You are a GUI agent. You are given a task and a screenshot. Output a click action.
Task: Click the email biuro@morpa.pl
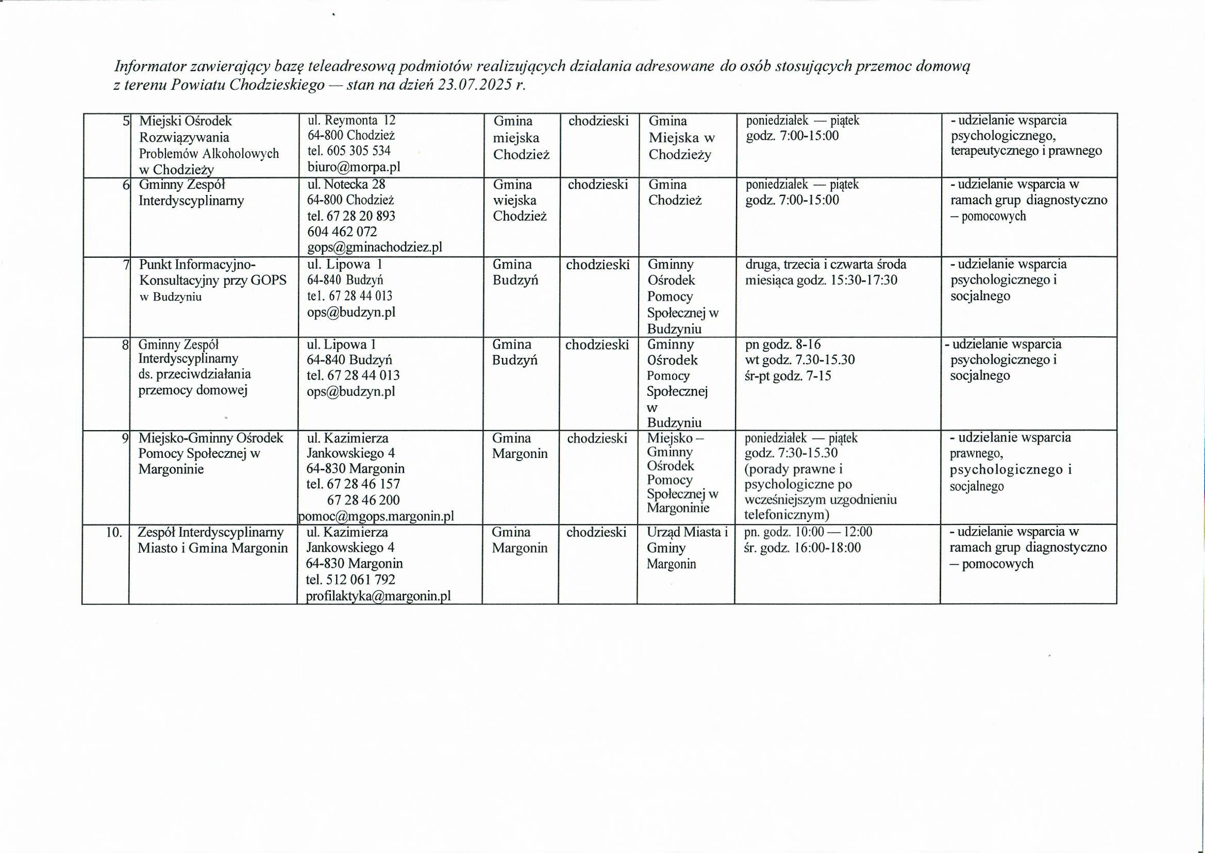click(x=354, y=167)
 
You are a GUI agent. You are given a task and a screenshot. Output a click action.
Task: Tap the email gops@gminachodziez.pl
click(x=375, y=247)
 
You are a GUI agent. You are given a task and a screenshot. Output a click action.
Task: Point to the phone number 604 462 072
click(x=342, y=232)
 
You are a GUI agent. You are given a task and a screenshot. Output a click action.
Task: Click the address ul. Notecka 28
click(x=346, y=184)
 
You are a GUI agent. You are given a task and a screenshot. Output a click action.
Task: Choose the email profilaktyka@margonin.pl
click(x=378, y=596)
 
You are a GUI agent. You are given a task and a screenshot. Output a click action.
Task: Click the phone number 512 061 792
click(x=361, y=580)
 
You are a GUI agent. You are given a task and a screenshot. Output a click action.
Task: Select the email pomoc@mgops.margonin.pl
click(x=376, y=516)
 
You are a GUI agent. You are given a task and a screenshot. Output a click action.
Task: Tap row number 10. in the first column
click(x=114, y=533)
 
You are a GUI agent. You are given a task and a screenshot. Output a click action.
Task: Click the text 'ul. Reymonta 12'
click(x=352, y=120)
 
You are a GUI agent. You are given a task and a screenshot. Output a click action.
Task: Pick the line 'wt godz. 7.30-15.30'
click(x=800, y=360)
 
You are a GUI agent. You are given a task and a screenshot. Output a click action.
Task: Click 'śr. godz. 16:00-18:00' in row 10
click(x=802, y=548)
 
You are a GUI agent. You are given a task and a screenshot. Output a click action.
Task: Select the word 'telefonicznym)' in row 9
click(x=786, y=514)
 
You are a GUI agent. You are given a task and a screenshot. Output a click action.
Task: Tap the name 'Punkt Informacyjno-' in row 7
click(x=197, y=264)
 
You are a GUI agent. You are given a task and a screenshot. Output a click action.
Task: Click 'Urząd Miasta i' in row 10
click(x=688, y=532)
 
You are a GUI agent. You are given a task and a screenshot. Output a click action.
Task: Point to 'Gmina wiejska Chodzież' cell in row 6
click(x=520, y=200)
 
